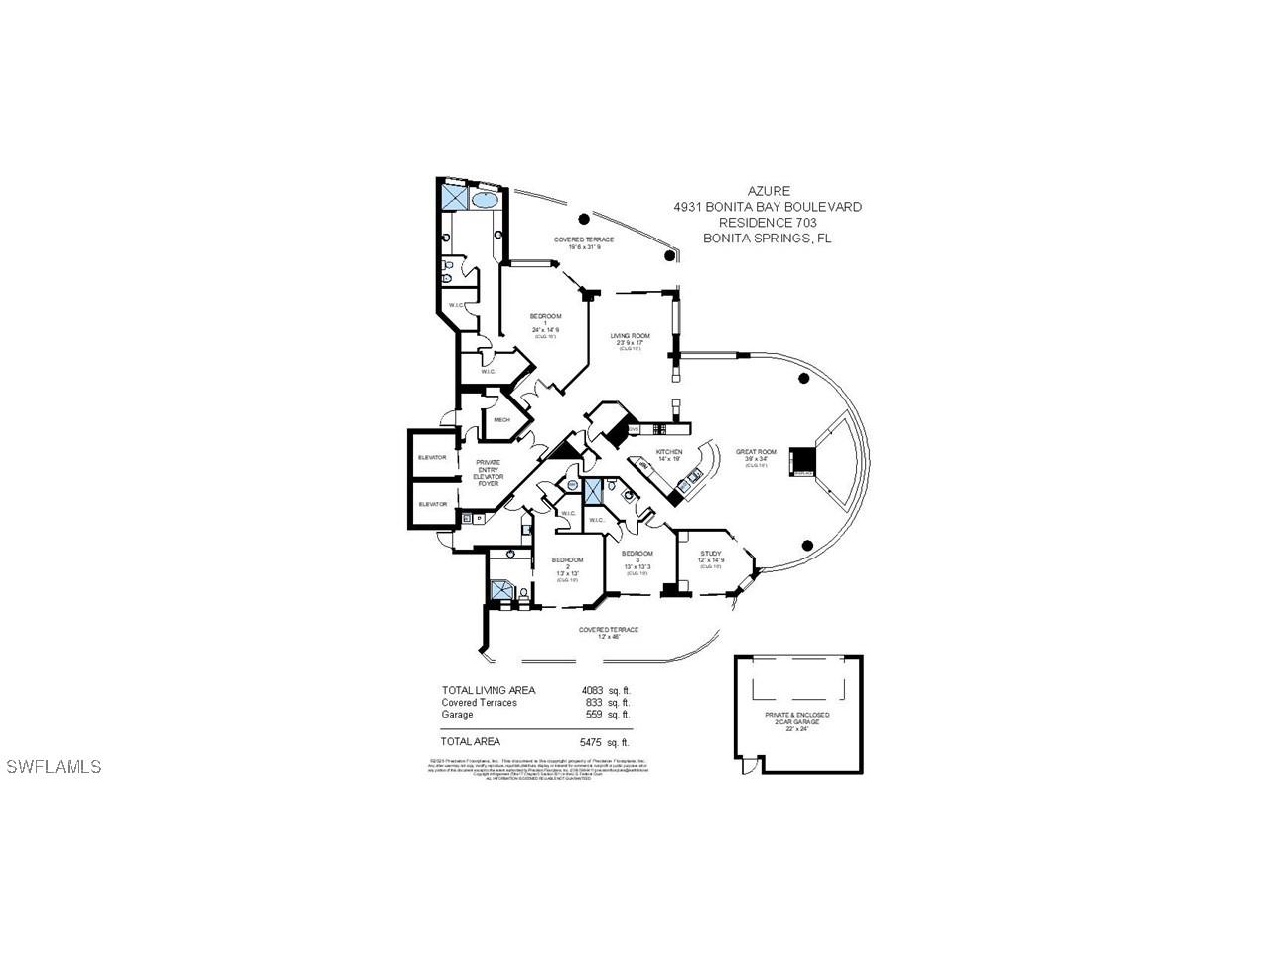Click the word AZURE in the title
(767, 191)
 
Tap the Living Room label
(631, 337)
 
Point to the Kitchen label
(670, 453)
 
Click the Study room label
(710, 555)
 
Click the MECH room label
(501, 420)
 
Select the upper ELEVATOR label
(432, 458)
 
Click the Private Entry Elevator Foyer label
(489, 470)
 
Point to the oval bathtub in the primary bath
(486, 200)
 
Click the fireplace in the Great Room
(801, 461)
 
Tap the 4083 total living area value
(593, 690)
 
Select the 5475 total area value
(593, 741)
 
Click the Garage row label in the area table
(457, 715)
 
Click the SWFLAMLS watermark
(54, 767)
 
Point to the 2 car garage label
(797, 721)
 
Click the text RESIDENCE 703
(767, 223)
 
